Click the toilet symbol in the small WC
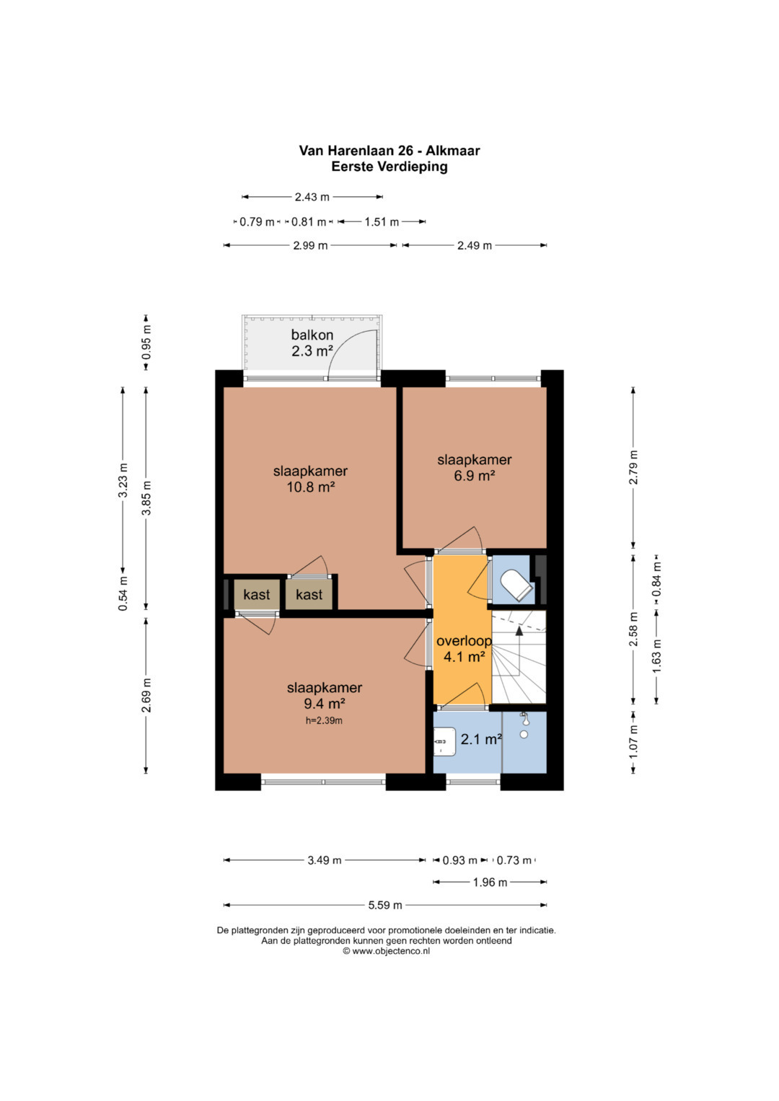click(x=516, y=585)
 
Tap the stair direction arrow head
click(x=519, y=631)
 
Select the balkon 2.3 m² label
click(x=312, y=342)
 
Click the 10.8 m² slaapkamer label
click(x=310, y=479)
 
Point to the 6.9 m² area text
click(x=474, y=475)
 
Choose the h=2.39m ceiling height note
click(x=324, y=721)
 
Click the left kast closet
click(x=257, y=595)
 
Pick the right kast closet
click(x=309, y=595)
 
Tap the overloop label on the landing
click(x=464, y=641)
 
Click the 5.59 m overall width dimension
click(x=385, y=905)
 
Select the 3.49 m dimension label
click(x=325, y=860)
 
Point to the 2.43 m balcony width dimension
click(x=312, y=197)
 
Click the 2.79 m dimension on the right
click(x=633, y=467)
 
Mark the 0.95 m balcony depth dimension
click(x=146, y=342)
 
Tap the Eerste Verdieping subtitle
click(x=389, y=167)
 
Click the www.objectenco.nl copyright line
click(x=386, y=951)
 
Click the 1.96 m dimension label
click(x=490, y=883)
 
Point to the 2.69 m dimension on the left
click(x=146, y=695)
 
